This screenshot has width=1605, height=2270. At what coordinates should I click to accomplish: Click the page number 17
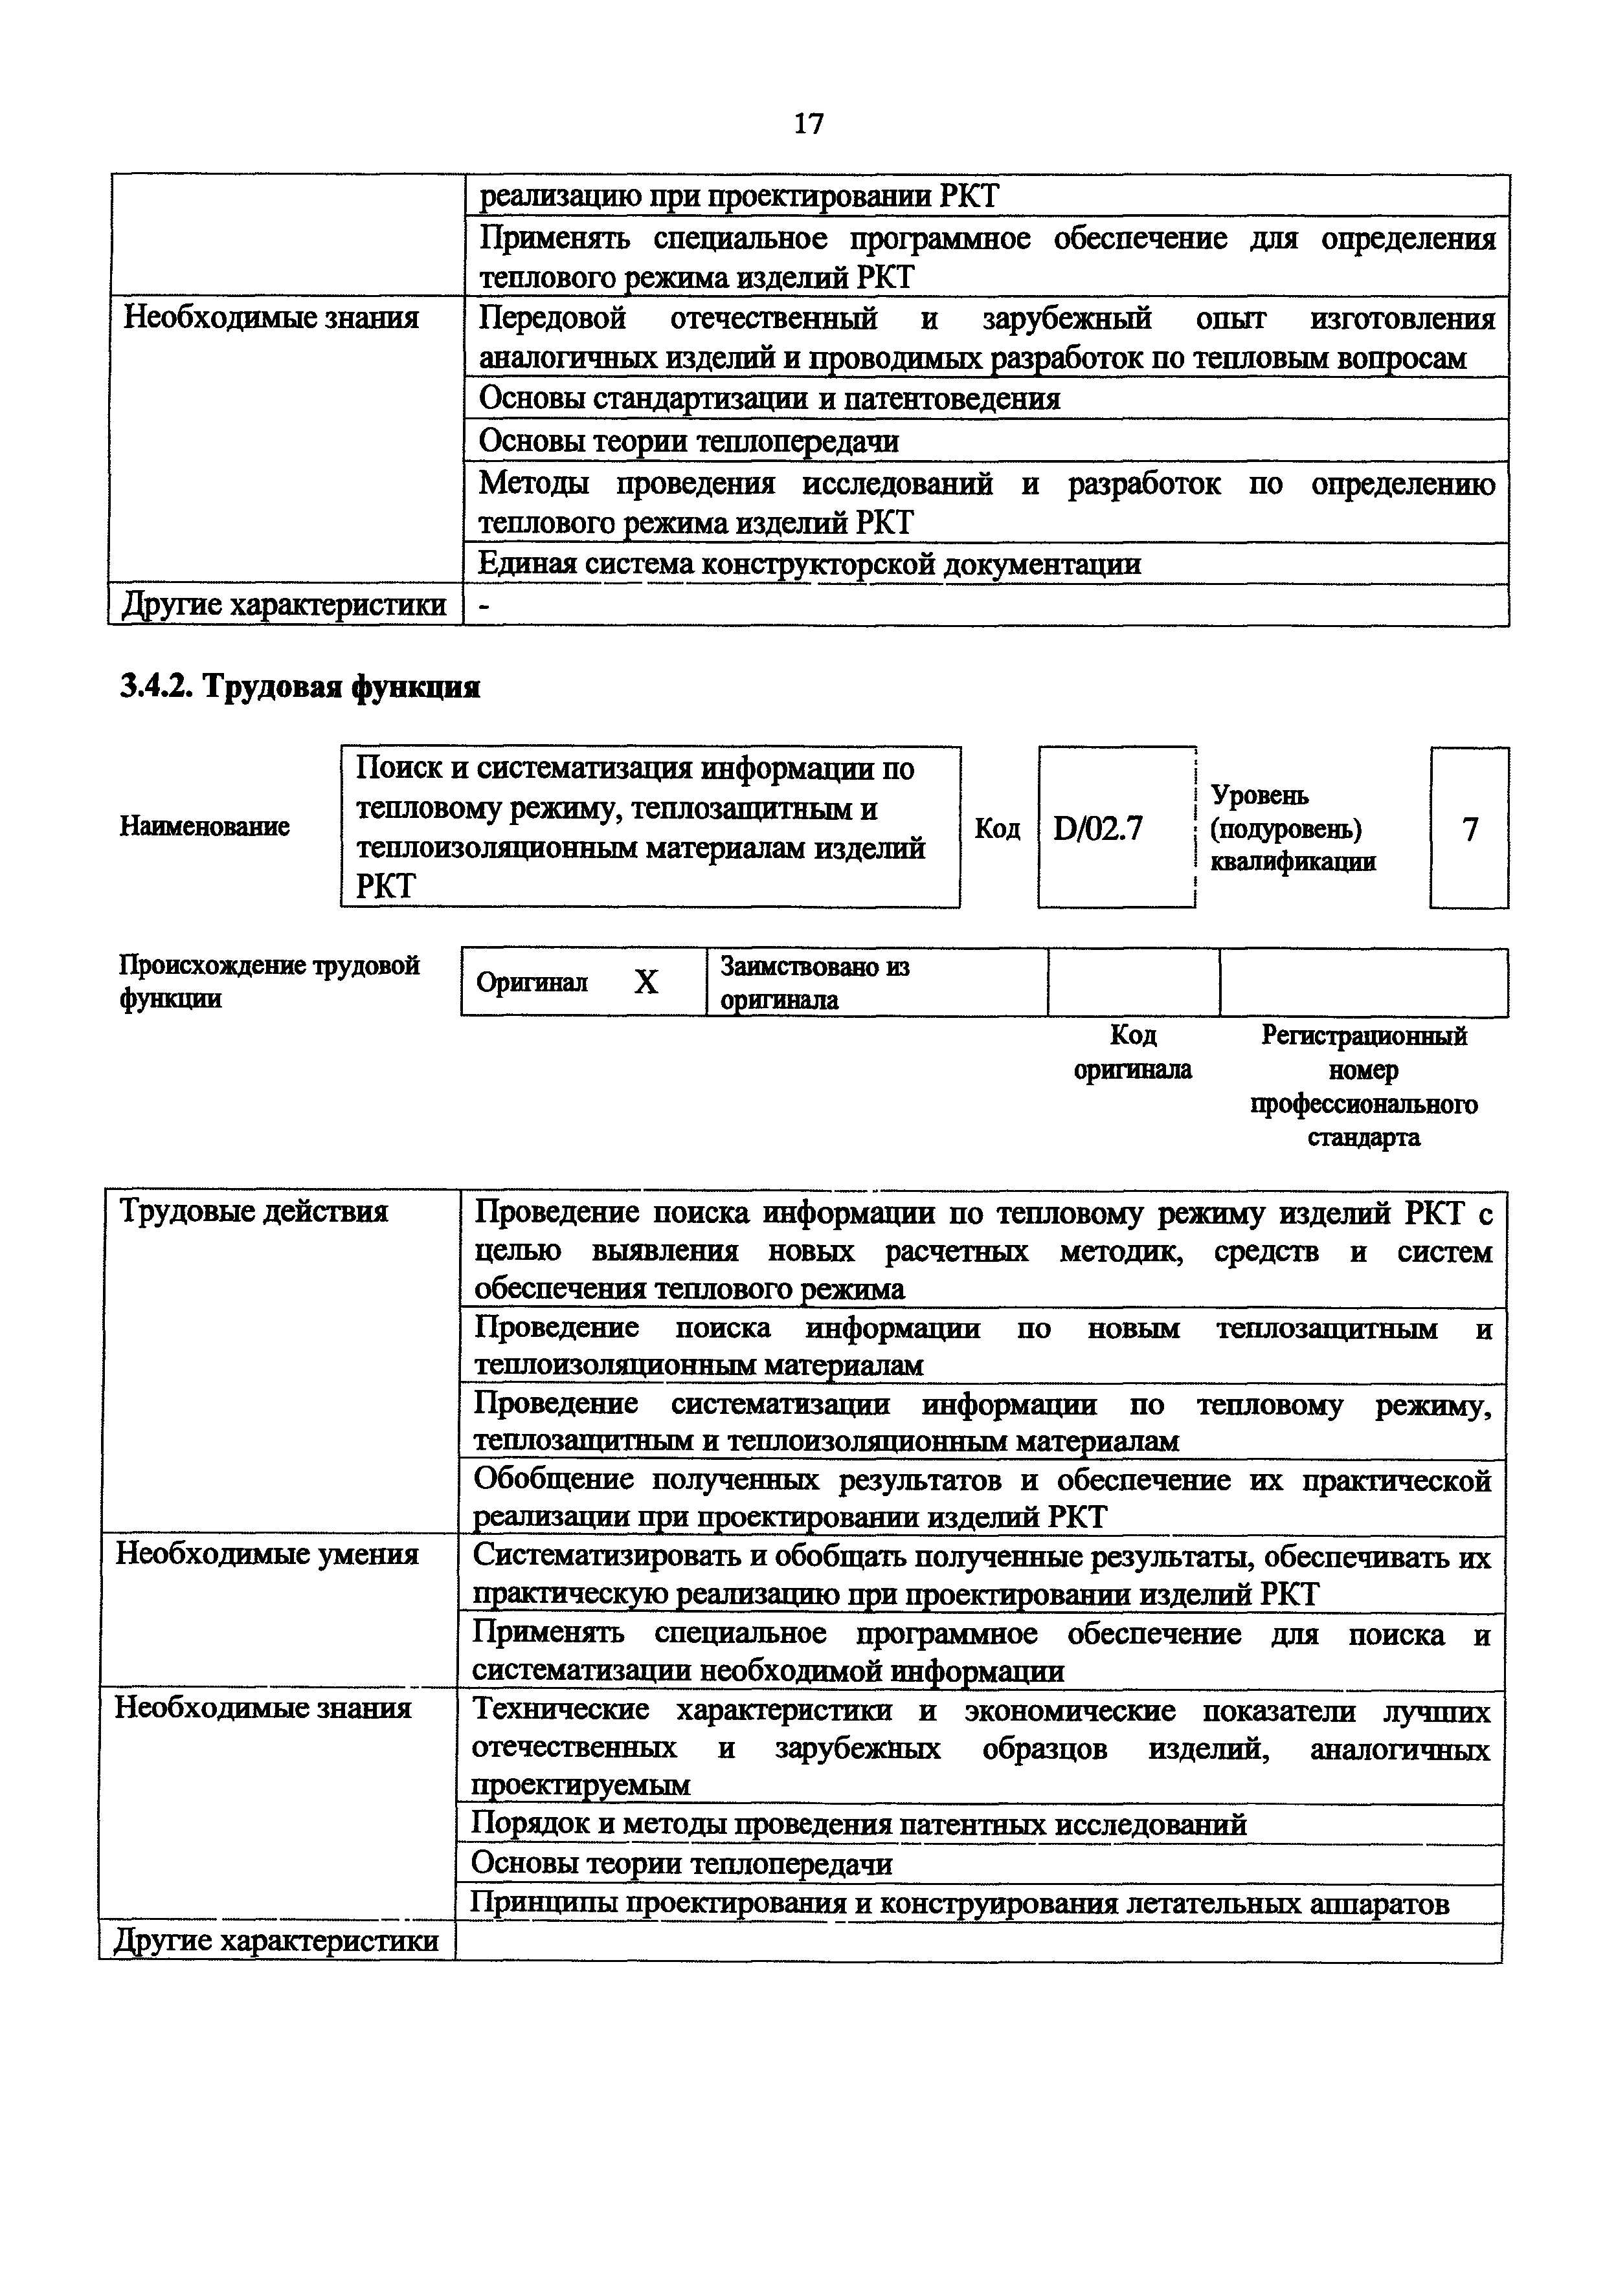808,124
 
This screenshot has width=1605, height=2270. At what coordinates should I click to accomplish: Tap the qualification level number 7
1470,828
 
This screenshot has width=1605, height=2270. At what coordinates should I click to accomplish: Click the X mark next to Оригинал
645,982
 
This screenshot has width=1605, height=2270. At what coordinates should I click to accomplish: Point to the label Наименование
205,826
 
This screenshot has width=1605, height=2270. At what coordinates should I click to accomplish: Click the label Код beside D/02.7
997,828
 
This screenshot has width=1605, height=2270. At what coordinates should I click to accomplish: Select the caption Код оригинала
1132,1052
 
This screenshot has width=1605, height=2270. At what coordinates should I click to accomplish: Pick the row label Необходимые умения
267,1554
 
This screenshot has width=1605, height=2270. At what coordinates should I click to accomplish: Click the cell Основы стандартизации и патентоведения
769,399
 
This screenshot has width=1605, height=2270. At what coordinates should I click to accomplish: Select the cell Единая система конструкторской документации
809,564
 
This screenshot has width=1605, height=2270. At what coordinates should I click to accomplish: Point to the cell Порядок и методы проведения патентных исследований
859,1824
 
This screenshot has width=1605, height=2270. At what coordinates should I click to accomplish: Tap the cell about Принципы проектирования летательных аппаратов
960,1903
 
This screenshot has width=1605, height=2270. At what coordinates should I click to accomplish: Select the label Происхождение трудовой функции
269,981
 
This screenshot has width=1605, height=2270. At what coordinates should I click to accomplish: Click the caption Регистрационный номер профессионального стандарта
1364,1086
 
